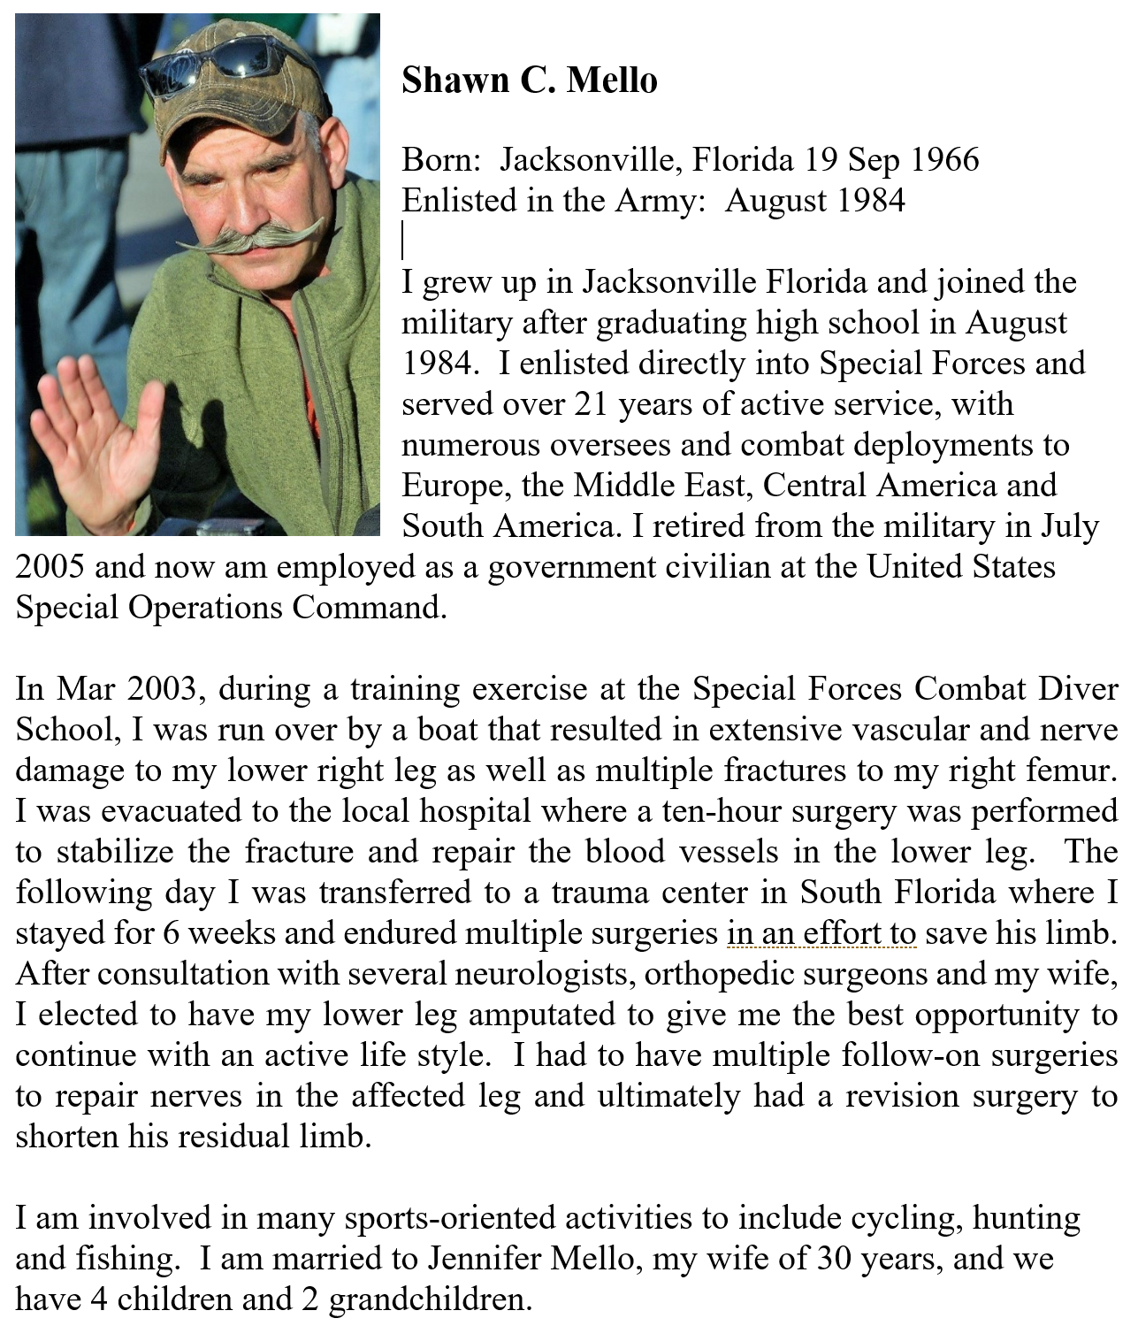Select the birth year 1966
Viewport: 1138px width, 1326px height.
(944, 160)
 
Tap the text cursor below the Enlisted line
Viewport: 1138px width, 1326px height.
(403, 241)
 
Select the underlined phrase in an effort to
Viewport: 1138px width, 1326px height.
(821, 933)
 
